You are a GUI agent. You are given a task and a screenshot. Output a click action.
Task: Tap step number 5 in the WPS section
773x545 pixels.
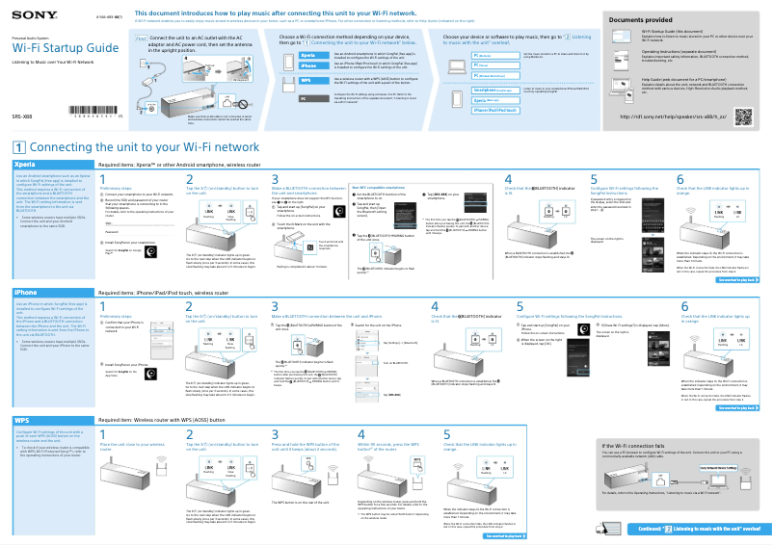(446, 434)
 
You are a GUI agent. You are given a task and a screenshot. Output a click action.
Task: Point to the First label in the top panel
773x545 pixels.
(140, 38)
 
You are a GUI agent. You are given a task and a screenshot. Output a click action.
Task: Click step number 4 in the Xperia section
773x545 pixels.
(509, 179)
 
